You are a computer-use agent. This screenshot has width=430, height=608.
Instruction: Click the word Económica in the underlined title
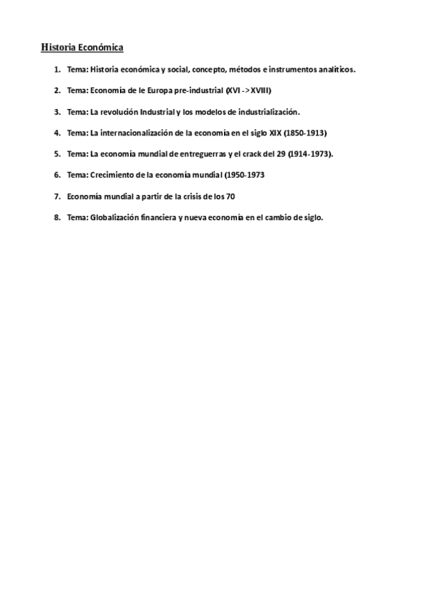tap(101, 48)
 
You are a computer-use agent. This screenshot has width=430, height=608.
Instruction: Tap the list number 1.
tap(56, 70)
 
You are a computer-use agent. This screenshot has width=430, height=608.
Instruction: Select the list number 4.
tap(56, 133)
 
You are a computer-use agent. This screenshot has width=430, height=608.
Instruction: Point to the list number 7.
tap(56, 196)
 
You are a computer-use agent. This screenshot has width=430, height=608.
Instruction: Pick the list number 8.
tap(56, 217)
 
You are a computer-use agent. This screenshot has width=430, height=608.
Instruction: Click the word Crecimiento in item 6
tap(111, 175)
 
